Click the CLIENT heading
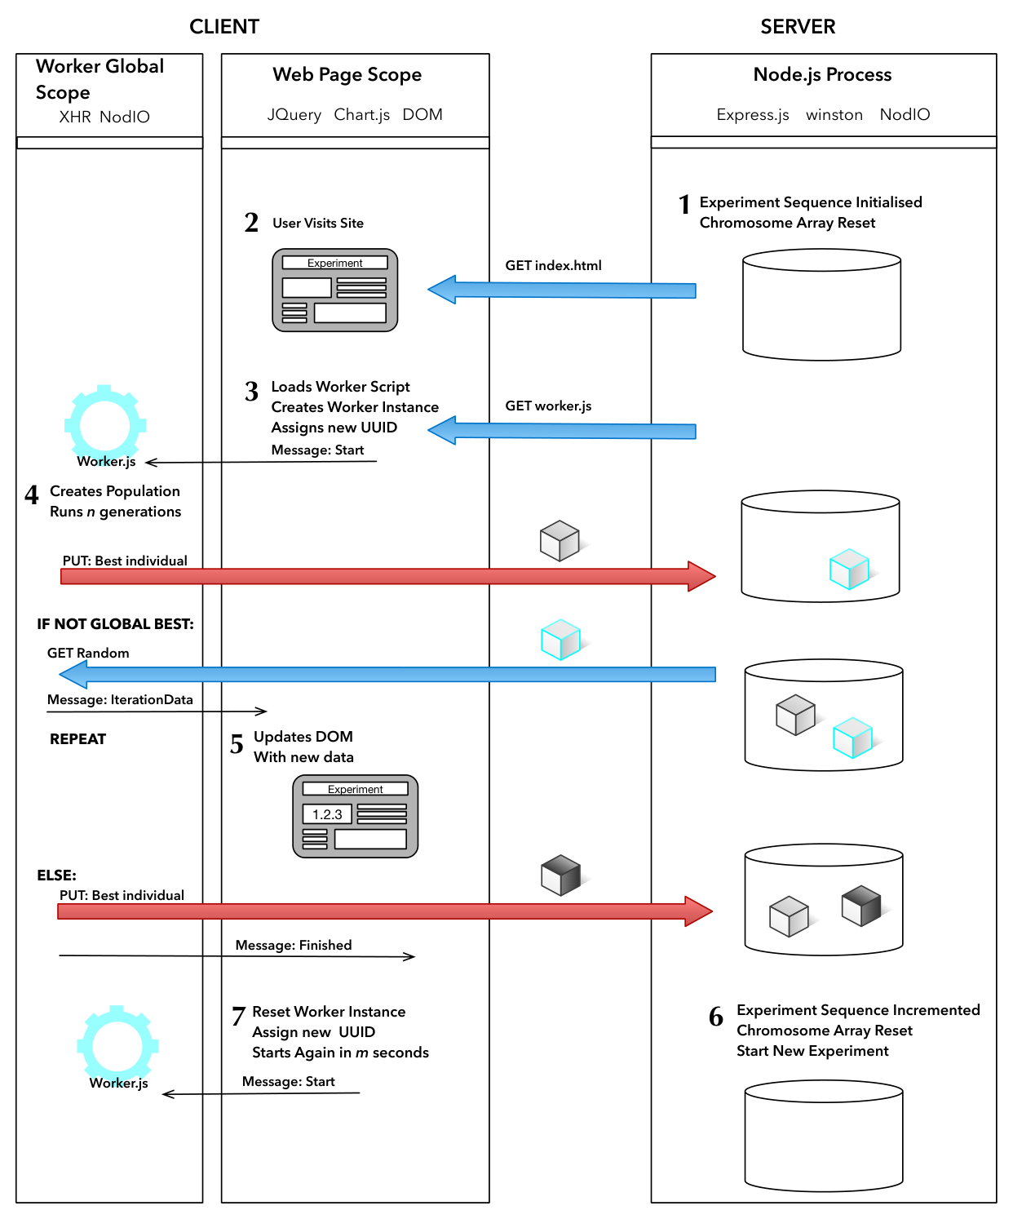224,27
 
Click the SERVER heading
798,27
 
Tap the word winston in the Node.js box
834,114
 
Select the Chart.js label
362,114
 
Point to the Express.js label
753,114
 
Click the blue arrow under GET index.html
561,290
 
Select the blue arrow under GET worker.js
561,430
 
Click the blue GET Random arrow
387,674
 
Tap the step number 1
684,204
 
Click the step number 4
32,494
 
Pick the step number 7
238,1016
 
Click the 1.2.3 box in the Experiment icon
327,813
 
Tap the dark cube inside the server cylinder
861,906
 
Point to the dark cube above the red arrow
561,875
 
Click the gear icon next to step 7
117,1045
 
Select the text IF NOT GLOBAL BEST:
116,624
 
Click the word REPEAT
78,739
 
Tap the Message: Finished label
294,945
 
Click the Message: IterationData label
120,699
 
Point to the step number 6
716,1017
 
